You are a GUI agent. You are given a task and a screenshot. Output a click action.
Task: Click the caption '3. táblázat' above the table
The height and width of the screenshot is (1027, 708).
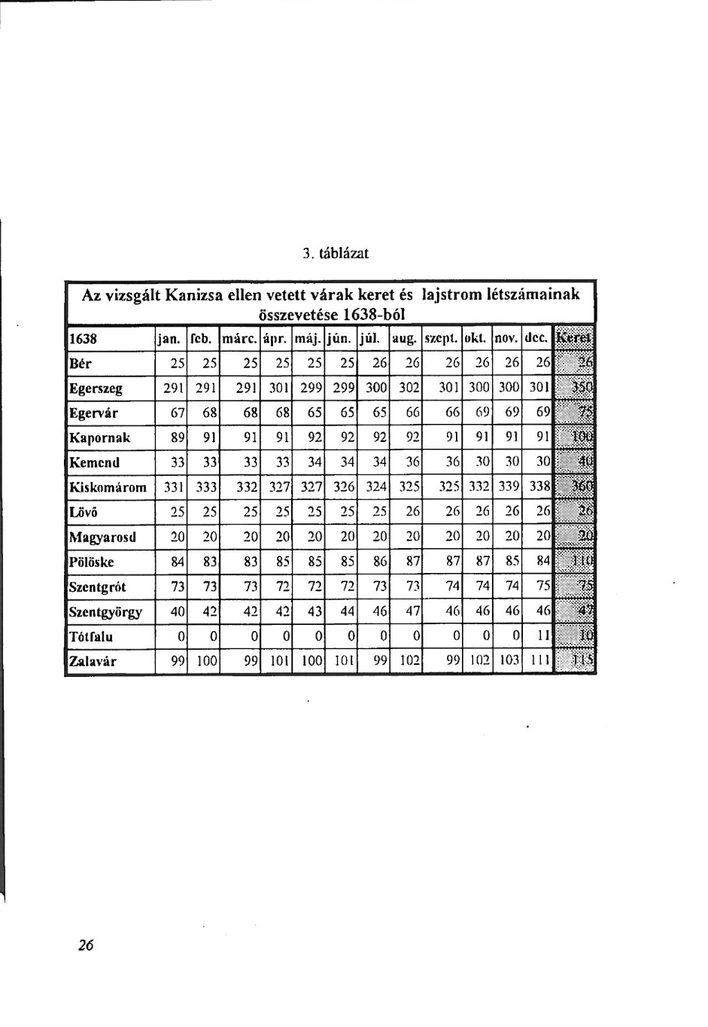[x=336, y=254]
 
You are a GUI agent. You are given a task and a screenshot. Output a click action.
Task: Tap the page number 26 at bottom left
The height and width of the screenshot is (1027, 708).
[x=86, y=946]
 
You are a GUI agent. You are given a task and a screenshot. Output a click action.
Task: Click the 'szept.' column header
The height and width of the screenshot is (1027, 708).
[x=442, y=339]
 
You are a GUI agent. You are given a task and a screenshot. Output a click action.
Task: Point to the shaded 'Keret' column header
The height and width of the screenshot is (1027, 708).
[x=574, y=338]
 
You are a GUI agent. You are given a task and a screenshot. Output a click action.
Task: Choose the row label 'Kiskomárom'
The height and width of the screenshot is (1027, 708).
[x=108, y=487]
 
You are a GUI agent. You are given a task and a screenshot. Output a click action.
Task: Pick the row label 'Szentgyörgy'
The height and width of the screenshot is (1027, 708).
[x=105, y=612]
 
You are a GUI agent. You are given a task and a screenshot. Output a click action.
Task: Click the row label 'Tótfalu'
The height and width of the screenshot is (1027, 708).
[x=91, y=637]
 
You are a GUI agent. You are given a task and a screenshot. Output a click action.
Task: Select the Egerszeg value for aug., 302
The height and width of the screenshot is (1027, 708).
[x=408, y=389]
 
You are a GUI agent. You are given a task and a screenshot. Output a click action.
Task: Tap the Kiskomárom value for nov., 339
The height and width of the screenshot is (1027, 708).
[x=509, y=487]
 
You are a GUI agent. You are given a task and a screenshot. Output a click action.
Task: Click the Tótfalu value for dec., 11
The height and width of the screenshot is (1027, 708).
[x=543, y=637]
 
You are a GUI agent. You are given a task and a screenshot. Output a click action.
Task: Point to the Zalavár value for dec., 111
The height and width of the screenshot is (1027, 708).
[x=541, y=662]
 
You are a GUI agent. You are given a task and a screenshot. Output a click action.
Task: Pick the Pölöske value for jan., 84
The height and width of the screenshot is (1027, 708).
[x=178, y=562]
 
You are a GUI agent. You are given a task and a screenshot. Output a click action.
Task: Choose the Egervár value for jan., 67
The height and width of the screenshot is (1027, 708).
[x=178, y=413]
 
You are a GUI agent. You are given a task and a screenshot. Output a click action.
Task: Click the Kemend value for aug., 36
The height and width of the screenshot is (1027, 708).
[x=412, y=462]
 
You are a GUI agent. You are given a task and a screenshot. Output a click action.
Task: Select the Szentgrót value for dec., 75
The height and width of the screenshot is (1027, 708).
[x=543, y=587]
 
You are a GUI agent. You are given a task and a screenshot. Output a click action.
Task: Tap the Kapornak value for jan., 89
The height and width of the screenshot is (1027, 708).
[x=178, y=438]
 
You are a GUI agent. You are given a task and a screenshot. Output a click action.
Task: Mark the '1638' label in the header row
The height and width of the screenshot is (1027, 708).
[x=83, y=339]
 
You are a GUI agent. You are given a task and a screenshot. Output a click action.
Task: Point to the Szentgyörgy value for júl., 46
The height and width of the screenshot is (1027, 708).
[x=379, y=612]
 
